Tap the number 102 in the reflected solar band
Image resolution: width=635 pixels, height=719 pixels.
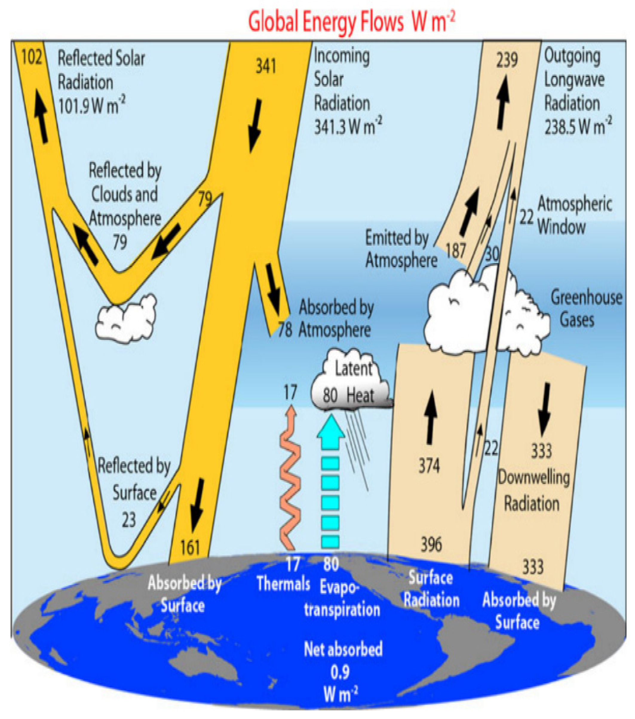32,57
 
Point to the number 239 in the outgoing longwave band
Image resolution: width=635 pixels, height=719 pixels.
507,59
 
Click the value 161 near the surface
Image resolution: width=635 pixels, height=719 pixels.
190,547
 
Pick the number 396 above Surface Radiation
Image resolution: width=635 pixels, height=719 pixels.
431,544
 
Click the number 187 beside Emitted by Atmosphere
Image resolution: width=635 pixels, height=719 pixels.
455,250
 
